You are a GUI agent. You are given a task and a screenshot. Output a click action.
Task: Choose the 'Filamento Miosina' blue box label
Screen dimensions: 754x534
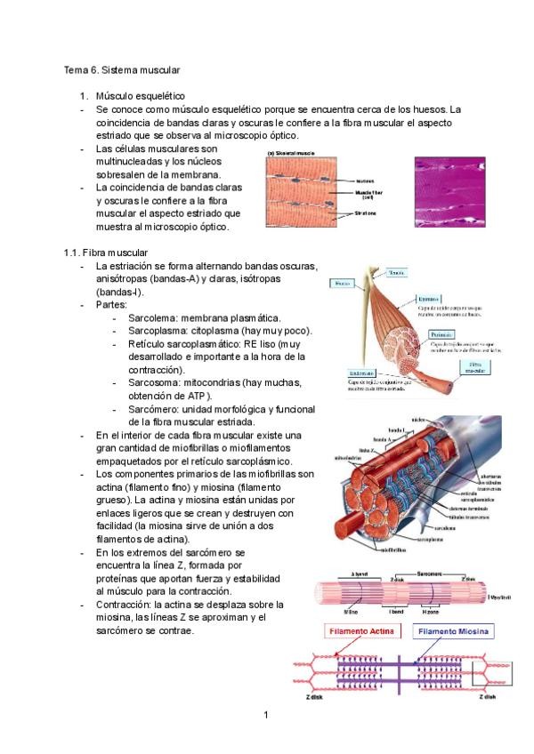454,631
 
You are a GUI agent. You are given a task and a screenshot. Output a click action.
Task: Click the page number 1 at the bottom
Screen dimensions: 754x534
265,715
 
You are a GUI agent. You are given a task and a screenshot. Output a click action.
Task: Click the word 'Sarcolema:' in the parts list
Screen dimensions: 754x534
152,317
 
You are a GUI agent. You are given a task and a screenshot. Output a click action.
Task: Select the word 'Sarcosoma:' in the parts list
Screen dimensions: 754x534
154,382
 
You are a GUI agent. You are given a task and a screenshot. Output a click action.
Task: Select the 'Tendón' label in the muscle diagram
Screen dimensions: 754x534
397,272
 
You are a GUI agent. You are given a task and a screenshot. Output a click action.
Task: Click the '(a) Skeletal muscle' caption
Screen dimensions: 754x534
292,153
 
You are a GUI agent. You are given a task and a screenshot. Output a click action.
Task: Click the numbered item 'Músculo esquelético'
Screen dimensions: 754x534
139,94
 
